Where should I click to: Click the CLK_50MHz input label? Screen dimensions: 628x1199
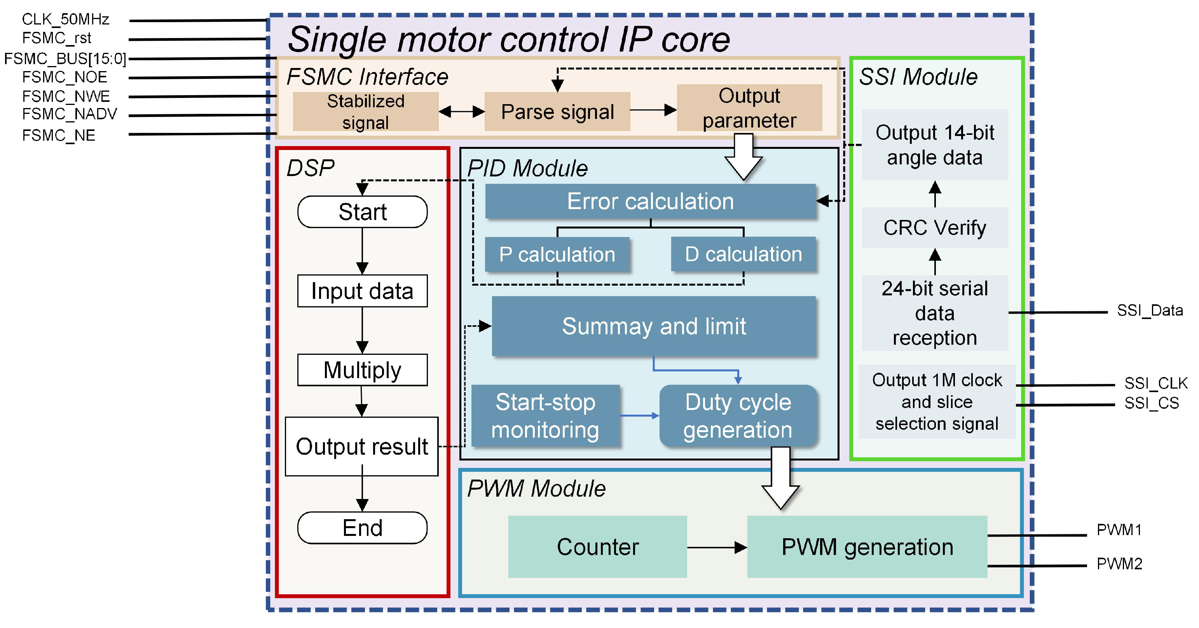pyautogui.click(x=65, y=19)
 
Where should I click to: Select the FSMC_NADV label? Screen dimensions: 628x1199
pyautogui.click(x=69, y=114)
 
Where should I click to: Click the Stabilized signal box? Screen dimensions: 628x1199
pyautogui.click(x=365, y=112)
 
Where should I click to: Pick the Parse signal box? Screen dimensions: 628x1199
pyautogui.click(x=557, y=112)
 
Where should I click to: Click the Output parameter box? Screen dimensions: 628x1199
pyautogui.click(x=749, y=108)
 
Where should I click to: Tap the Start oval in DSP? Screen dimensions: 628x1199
pyautogui.click(x=362, y=212)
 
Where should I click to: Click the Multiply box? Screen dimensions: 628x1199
pyautogui.click(x=362, y=370)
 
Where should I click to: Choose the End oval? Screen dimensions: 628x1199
pyautogui.click(x=362, y=528)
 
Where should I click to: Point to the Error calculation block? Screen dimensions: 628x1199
pyautogui.click(x=650, y=202)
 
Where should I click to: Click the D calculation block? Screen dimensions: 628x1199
pyautogui.click(x=743, y=255)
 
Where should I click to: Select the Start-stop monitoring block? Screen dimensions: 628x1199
pyautogui.click(x=545, y=416)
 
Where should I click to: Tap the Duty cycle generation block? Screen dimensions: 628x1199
pyautogui.click(x=738, y=416)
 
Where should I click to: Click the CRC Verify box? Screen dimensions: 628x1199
pyautogui.click(x=935, y=228)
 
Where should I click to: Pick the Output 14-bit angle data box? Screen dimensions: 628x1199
pyautogui.click(x=935, y=145)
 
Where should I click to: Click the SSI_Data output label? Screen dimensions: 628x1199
pyautogui.click(x=1150, y=311)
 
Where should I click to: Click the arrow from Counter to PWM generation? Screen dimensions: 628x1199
pyautogui.click(x=717, y=548)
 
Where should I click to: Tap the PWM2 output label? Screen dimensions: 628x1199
pyautogui.click(x=1119, y=564)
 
